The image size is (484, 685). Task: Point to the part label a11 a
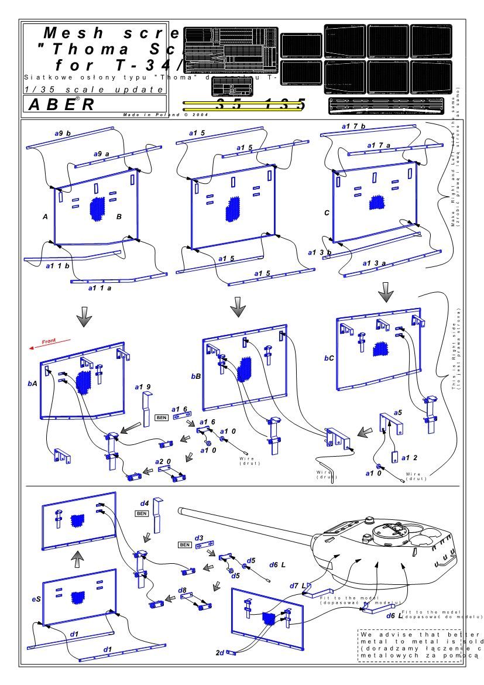[99, 288]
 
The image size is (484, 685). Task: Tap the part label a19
[143, 387]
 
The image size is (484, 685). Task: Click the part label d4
[143, 502]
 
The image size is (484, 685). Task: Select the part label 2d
[220, 652]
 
